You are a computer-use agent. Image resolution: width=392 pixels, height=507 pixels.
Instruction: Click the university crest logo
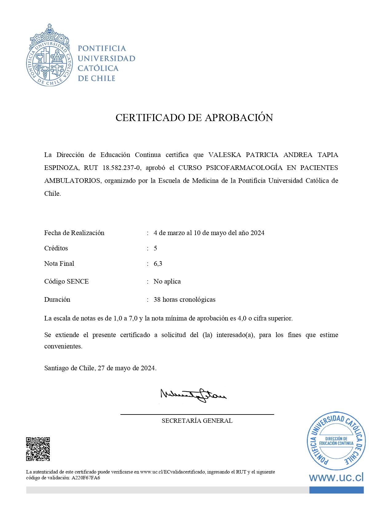[49, 56]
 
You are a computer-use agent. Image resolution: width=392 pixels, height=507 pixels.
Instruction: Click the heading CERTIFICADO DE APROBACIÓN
[194, 118]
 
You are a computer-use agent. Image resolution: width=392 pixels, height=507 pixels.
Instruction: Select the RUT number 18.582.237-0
[121, 168]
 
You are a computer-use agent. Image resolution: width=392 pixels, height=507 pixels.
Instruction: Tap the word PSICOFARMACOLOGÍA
[244, 168]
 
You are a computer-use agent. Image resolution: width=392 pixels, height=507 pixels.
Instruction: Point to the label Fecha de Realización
[74, 233]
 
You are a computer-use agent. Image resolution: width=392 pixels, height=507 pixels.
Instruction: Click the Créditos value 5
[155, 248]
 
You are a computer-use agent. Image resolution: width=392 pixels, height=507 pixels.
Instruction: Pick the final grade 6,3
[158, 264]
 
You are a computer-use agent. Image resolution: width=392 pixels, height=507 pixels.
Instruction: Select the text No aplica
[167, 281]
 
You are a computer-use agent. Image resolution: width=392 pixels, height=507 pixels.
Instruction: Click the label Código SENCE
[66, 281]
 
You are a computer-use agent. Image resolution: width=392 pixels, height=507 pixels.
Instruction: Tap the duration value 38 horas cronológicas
[184, 300]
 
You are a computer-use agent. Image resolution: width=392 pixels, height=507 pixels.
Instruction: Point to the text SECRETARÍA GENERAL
[197, 421]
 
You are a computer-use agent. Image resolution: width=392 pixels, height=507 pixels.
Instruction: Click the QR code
[38, 449]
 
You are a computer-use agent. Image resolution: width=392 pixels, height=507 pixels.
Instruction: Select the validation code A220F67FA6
[86, 478]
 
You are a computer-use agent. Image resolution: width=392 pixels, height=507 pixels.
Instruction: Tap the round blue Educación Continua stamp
[336, 441]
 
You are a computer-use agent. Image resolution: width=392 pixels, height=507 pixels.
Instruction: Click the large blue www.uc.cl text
[336, 477]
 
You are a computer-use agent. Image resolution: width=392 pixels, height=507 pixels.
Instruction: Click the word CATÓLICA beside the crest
[98, 68]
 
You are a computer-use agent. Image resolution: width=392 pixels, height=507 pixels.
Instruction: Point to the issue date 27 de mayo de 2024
[127, 368]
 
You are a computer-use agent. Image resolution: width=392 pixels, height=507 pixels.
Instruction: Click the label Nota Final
[59, 264]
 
